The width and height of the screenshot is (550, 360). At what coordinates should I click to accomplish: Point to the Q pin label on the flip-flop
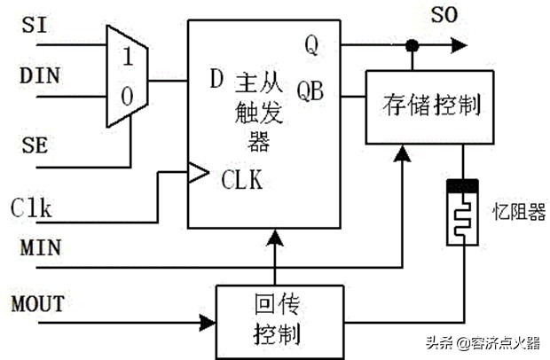(x=312, y=44)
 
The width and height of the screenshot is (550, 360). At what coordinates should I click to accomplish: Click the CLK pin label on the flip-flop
(x=243, y=181)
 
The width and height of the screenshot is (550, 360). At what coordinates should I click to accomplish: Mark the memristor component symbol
(x=462, y=213)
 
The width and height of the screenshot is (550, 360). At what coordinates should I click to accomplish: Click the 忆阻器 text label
(x=518, y=213)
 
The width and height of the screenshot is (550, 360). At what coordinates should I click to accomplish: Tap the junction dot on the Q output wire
(x=411, y=44)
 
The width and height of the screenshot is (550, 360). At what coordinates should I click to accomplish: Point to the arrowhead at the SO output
(x=458, y=44)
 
